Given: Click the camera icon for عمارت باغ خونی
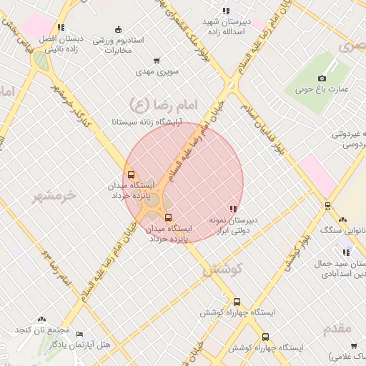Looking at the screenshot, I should pyautogui.click(x=322, y=78).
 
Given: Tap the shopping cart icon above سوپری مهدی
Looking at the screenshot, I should pyautogui.click(x=157, y=61).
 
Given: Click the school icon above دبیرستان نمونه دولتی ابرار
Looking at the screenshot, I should pyautogui.click(x=233, y=208).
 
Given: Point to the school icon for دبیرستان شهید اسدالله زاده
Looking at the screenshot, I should pyautogui.click(x=226, y=11).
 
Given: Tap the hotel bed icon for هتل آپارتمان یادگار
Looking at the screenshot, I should pyautogui.click(x=79, y=334).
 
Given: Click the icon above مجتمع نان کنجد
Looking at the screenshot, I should pyautogui.click(x=42, y=319).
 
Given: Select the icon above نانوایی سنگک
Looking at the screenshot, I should pyautogui.click(x=342, y=219).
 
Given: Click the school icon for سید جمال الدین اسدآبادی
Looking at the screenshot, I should pyautogui.click(x=347, y=252).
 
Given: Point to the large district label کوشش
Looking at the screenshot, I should pyautogui.click(x=222, y=270).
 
